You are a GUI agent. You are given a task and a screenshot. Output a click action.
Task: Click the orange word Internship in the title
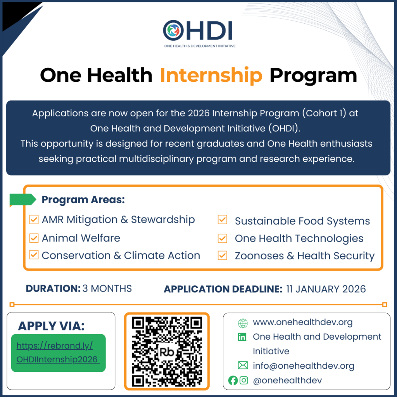[x=211, y=75]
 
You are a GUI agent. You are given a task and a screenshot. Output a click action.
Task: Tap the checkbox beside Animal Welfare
[x=34, y=238]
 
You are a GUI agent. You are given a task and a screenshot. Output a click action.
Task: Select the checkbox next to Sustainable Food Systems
[x=222, y=220]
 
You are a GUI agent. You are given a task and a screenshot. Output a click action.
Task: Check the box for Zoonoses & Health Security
[x=222, y=255]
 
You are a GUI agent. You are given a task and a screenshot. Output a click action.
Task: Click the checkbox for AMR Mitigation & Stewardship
[x=34, y=220]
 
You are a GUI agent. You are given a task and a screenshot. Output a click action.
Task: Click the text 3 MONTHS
[x=107, y=288]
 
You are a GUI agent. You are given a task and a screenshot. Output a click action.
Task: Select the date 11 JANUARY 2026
[x=326, y=289]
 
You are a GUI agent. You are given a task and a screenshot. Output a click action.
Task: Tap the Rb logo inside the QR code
[x=167, y=352]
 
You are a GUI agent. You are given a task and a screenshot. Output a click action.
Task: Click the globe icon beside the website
[x=243, y=323]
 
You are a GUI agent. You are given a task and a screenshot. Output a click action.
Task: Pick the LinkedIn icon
[x=243, y=337]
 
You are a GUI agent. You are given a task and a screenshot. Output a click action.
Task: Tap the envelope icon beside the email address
[x=243, y=365]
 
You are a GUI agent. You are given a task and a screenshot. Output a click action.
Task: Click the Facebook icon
[x=233, y=380]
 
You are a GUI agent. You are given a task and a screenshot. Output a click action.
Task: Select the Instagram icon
[x=244, y=380]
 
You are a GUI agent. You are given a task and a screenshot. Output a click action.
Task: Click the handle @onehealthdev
[x=287, y=380]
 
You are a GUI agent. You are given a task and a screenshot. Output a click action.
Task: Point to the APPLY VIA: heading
[x=51, y=326]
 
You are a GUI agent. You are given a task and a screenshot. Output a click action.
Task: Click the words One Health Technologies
[x=299, y=238]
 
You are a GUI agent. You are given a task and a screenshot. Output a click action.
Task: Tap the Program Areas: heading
[x=83, y=200]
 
